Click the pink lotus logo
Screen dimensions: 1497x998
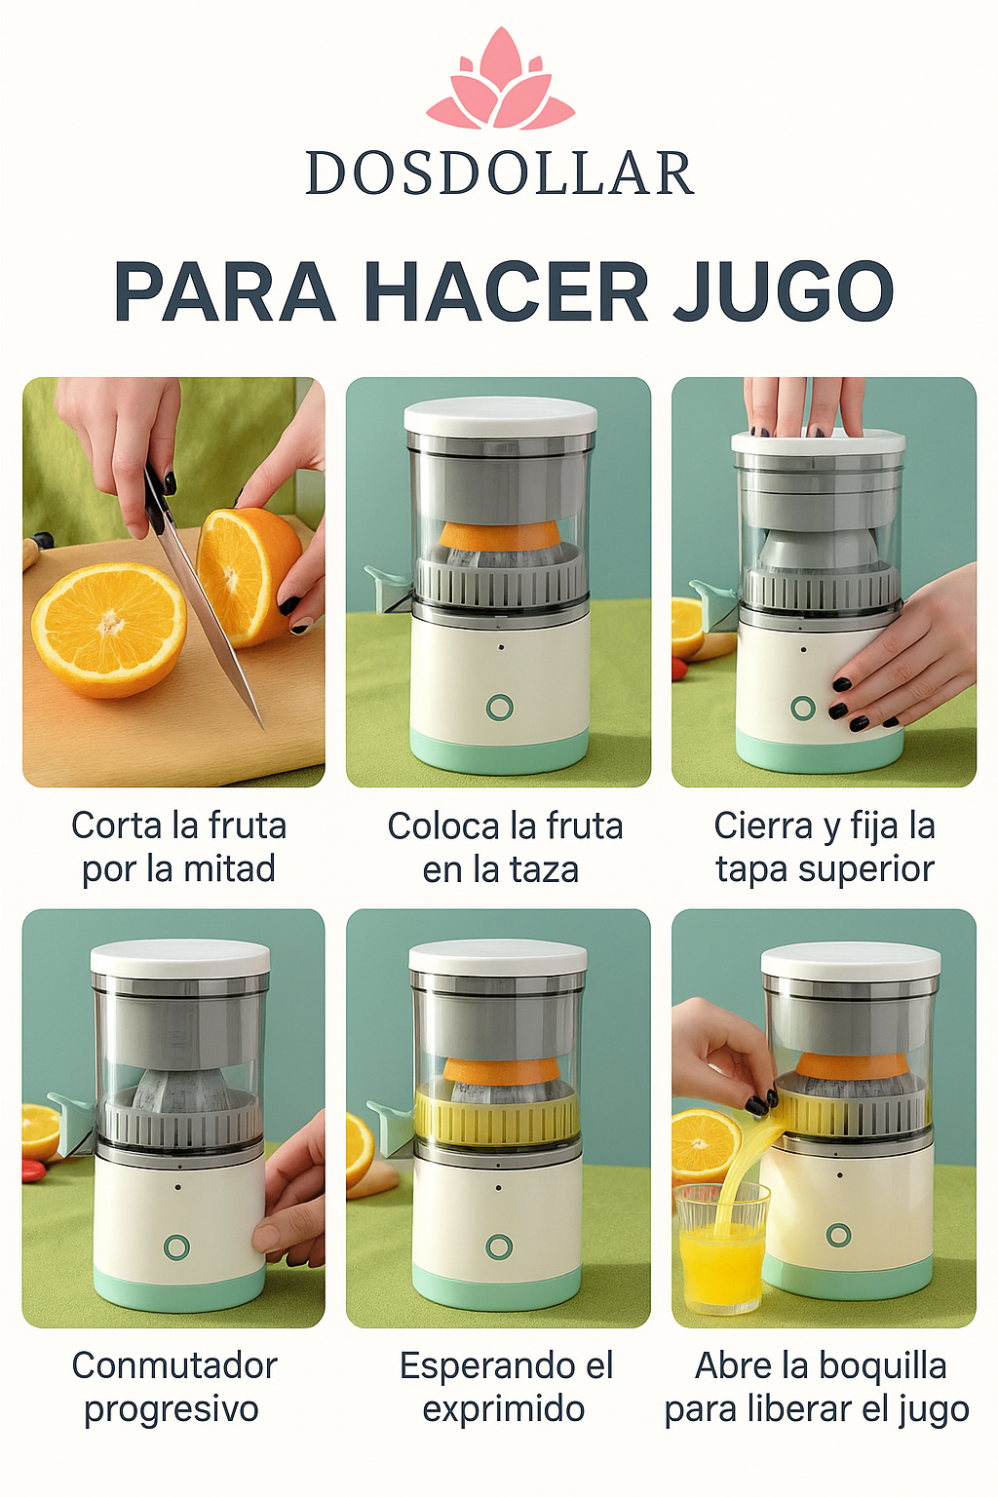pyautogui.click(x=500, y=82)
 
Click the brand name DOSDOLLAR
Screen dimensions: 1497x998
pyautogui.click(x=499, y=173)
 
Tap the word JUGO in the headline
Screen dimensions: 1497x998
pyautogui.click(x=784, y=291)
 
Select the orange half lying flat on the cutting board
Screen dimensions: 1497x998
pyautogui.click(x=108, y=628)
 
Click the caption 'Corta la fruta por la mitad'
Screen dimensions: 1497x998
pyautogui.click(x=178, y=847)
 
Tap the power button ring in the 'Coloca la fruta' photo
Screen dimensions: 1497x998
pyautogui.click(x=499, y=707)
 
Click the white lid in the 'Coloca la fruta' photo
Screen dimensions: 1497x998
pyautogui.click(x=500, y=417)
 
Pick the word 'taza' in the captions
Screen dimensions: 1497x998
pyautogui.click(x=541, y=869)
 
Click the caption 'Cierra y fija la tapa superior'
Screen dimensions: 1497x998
pyautogui.click(x=825, y=847)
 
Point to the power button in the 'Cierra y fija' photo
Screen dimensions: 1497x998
pyautogui.click(x=803, y=708)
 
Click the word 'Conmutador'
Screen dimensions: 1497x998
pyautogui.click(x=174, y=1365)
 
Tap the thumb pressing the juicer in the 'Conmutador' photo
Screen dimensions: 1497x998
pyautogui.click(x=269, y=1238)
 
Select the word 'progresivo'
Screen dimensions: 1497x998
pyautogui.click(x=172, y=1409)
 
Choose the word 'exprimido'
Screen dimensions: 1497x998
pyautogui.click(x=503, y=1409)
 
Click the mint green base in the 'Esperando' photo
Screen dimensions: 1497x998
pyautogui.click(x=497, y=1286)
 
